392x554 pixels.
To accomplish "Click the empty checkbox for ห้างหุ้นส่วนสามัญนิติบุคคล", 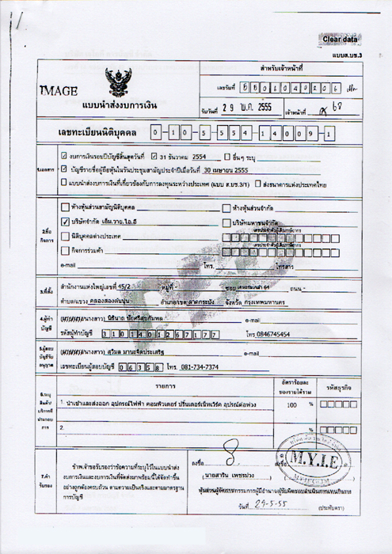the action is (65, 207).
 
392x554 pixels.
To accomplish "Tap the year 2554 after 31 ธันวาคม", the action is (205, 157).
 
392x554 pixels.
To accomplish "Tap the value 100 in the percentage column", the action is (291, 404).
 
